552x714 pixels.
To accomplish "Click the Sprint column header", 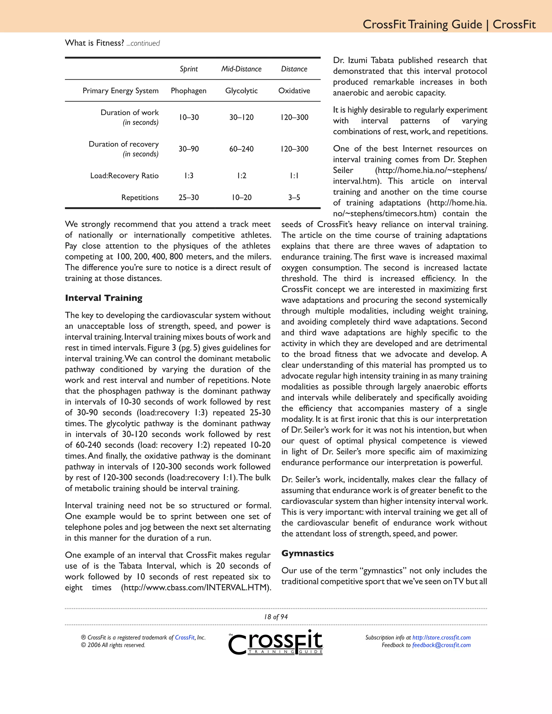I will tap(189, 69).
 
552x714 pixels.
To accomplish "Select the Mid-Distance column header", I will tap(241, 69).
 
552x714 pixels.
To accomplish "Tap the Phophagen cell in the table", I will tap(188, 91).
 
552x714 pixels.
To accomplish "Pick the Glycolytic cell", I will tap(241, 91).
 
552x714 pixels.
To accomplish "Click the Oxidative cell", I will tap(294, 91).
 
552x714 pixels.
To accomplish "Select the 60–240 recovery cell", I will tap(241, 149).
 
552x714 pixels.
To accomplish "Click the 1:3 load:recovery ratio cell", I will tap(189, 176).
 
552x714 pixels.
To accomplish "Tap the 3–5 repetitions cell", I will tap(294, 197).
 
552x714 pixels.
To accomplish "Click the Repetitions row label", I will tap(140, 197).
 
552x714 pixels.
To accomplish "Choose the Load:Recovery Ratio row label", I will tap(124, 176).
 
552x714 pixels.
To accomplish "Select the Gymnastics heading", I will tap(307, 553).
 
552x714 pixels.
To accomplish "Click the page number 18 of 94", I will tap(276, 617).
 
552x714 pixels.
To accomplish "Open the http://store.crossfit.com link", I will tap(441, 637).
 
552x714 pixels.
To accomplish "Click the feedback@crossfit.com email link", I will tap(441, 645).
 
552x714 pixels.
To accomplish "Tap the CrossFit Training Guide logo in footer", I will tap(276, 642).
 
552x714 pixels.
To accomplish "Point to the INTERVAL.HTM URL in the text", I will tap(196, 587).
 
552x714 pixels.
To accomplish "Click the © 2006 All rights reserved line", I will tap(113, 645).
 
